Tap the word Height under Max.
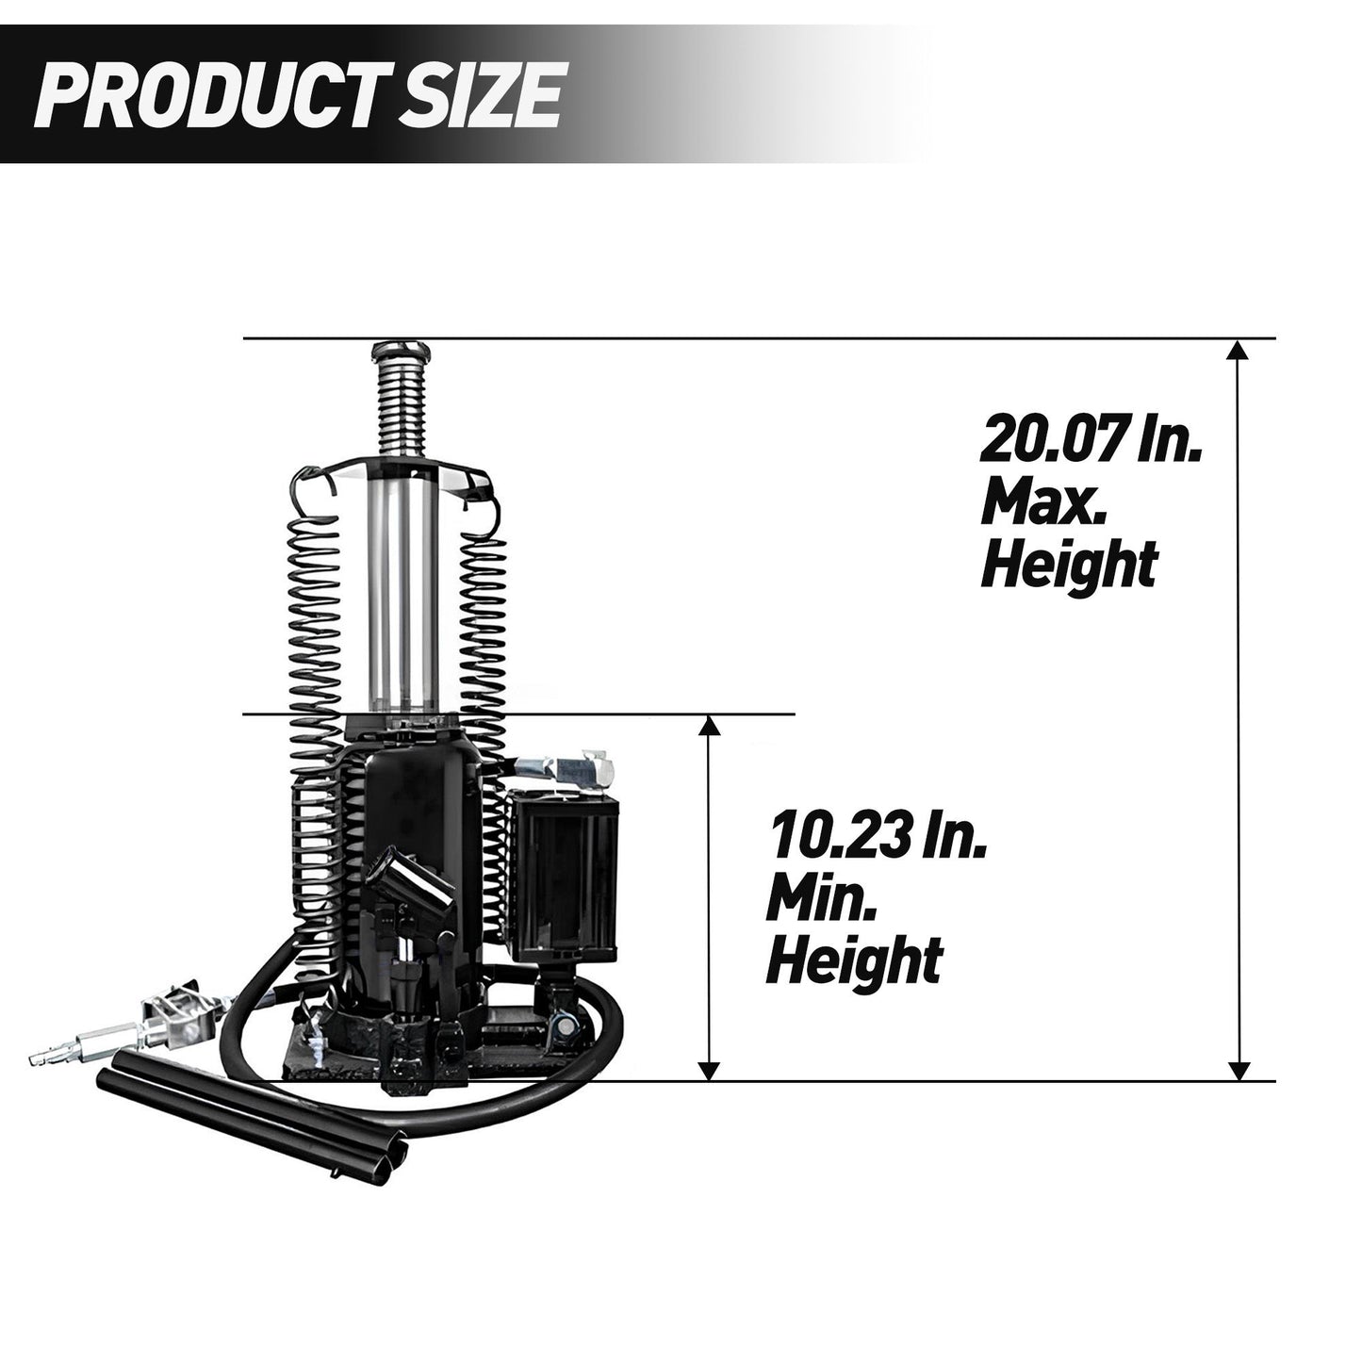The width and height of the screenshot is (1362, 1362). [1068, 565]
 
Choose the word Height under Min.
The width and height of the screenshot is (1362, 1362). [854, 960]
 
